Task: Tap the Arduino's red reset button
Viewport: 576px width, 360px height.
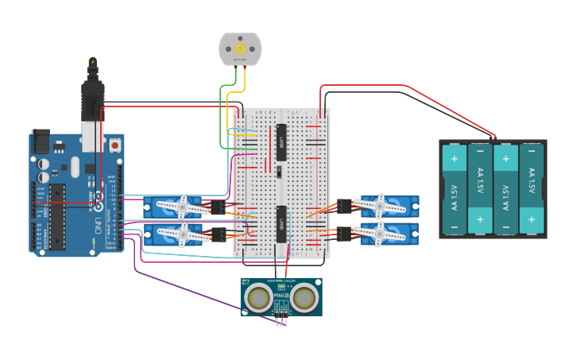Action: [115, 146]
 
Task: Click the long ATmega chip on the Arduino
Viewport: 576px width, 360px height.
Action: [56, 217]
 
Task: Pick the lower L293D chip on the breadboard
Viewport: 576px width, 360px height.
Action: [281, 222]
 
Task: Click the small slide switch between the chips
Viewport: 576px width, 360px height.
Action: [279, 171]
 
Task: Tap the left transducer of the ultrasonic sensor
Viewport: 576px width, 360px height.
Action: [258, 298]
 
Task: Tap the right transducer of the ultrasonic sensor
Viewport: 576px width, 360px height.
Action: [304, 298]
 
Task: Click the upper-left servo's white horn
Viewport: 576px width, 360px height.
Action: [181, 207]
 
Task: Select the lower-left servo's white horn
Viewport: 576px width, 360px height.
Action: [181, 234]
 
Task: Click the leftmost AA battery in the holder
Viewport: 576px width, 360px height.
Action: [454, 188]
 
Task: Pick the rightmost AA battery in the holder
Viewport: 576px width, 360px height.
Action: [532, 188]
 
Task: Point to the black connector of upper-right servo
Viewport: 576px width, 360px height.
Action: [345, 206]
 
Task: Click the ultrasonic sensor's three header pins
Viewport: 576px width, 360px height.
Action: [281, 319]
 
